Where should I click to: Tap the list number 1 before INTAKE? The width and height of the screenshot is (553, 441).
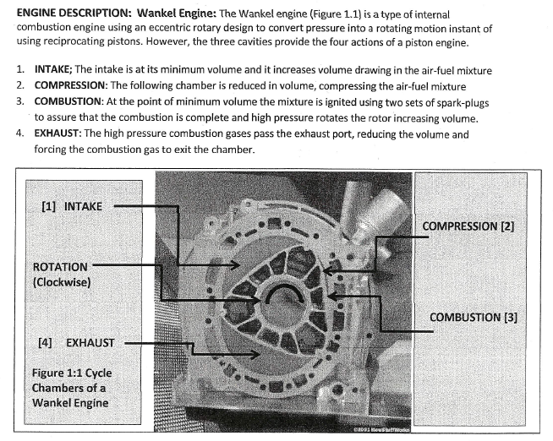pos(20,71)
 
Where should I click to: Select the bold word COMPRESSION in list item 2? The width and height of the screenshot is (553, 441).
pos(74,85)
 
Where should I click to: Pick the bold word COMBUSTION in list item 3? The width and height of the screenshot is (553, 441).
pos(71,101)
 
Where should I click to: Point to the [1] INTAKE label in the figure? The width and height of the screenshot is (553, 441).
pos(72,205)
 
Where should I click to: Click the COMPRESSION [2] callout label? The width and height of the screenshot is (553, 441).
pos(468,226)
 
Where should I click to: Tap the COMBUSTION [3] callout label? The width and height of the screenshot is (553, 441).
pos(474,317)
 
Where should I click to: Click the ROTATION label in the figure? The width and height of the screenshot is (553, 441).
pos(60,266)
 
